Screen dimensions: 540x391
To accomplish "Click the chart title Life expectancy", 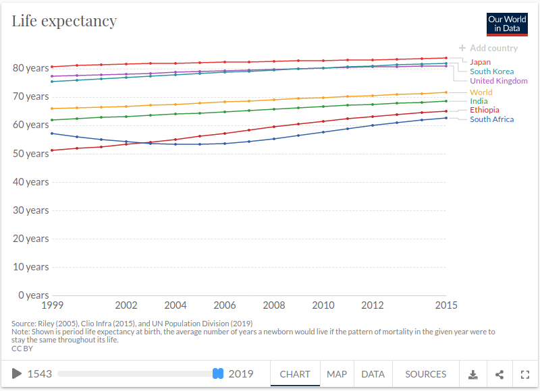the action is (x=64, y=22).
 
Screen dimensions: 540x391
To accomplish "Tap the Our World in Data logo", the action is (x=507, y=24).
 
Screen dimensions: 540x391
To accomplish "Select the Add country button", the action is (x=488, y=48).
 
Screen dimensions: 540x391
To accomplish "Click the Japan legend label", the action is (x=480, y=62).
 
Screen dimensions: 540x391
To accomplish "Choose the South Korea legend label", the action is (x=492, y=71).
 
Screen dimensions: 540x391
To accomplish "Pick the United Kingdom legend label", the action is (x=499, y=81).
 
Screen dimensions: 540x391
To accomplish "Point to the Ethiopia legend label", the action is (x=485, y=110).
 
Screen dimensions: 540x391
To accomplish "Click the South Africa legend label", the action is (x=492, y=119).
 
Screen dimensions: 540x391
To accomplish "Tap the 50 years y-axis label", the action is (x=30, y=154).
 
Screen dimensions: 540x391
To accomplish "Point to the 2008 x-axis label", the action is (x=274, y=305).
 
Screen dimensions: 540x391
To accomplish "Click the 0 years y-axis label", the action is (x=33, y=295).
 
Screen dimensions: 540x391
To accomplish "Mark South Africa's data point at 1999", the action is (x=52, y=133).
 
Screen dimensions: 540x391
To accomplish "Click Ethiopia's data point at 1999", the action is (x=52, y=150).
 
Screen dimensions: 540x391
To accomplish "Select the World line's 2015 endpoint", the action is (x=446, y=92).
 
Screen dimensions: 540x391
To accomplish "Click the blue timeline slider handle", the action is (x=218, y=373).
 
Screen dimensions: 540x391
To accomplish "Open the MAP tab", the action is (x=337, y=374).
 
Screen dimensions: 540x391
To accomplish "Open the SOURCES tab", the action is (x=426, y=374).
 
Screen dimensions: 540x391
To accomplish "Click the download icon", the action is (x=473, y=375).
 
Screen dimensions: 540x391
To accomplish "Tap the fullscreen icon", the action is (x=525, y=375).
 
